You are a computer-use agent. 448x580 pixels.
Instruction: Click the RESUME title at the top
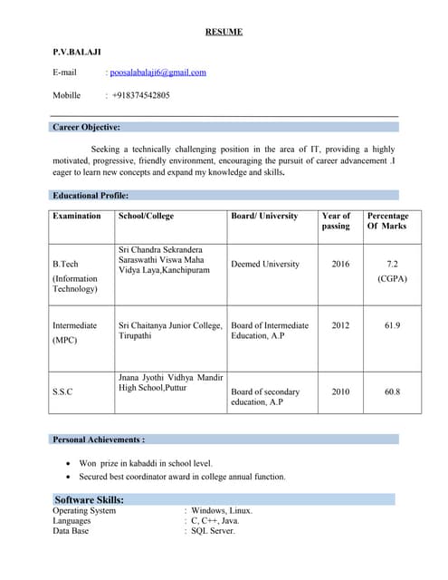coord(224,33)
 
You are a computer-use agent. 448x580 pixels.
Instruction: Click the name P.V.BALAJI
coord(77,53)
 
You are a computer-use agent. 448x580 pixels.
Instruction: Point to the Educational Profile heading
coord(91,195)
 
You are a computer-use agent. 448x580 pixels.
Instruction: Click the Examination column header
coord(77,217)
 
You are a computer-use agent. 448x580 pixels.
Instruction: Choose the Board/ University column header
coord(264,217)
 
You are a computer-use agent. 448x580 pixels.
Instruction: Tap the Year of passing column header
coord(336,221)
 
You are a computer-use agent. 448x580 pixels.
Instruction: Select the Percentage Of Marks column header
coord(386,221)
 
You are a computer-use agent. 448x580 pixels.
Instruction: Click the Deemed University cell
coord(265,264)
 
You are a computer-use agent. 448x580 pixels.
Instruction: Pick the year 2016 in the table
coord(340,264)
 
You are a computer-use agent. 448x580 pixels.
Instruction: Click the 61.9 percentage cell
coord(392,324)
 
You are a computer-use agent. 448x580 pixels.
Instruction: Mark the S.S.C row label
coord(62,391)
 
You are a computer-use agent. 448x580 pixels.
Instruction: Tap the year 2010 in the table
coord(340,391)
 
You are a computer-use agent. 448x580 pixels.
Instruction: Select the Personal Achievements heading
coord(99,440)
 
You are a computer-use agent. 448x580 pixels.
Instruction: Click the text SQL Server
coord(213,531)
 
